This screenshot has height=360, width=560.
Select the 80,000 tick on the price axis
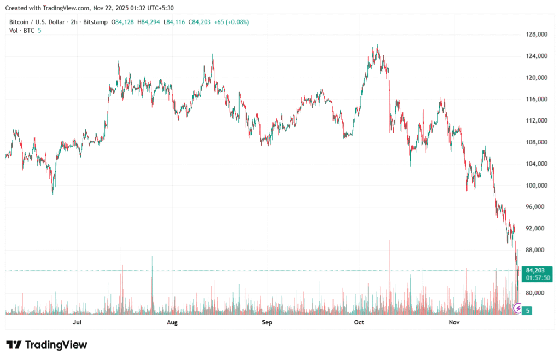tap(536, 293)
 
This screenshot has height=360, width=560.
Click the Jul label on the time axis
tap(77, 323)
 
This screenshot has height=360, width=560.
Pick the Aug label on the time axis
tap(172, 323)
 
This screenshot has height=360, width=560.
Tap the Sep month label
tap(267, 323)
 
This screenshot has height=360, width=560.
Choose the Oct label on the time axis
tap(359, 323)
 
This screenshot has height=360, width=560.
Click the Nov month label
tap(454, 323)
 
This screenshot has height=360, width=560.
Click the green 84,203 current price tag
tap(536, 270)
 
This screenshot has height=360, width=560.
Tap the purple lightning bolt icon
tap(518, 310)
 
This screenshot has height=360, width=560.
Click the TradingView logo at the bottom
tap(47, 345)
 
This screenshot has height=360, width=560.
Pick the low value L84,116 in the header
tap(176, 22)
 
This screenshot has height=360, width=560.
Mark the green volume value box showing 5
tap(527, 311)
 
